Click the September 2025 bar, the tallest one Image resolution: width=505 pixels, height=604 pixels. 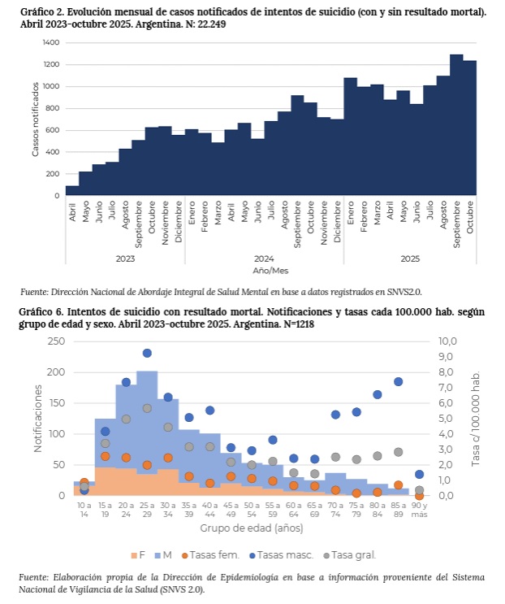pos(456,126)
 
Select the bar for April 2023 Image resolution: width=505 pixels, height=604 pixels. pos(72,191)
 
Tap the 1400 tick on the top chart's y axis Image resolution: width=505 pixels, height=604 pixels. pos(51,42)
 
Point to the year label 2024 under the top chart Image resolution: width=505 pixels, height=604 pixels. pos(263,258)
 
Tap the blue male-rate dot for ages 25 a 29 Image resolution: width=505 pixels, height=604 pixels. pos(147,353)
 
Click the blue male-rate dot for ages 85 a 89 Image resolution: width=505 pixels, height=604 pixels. pos(399,381)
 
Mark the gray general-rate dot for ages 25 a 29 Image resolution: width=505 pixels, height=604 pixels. pos(147,408)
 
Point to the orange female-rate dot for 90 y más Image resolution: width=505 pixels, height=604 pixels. pos(419,495)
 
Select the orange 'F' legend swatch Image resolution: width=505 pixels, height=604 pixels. pos(133,555)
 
